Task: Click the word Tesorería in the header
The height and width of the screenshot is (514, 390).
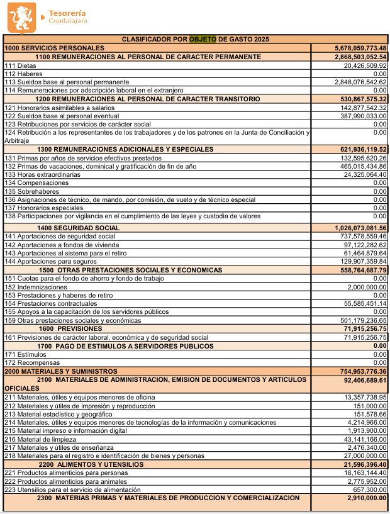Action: (67, 13)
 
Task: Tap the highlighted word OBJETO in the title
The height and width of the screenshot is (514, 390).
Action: (203, 40)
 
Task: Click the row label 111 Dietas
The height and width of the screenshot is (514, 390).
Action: (21, 65)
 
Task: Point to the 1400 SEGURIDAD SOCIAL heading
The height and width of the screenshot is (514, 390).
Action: (78, 228)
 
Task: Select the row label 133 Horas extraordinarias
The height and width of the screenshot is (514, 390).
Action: (42, 174)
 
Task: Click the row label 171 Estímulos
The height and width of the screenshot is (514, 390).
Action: (24, 355)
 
